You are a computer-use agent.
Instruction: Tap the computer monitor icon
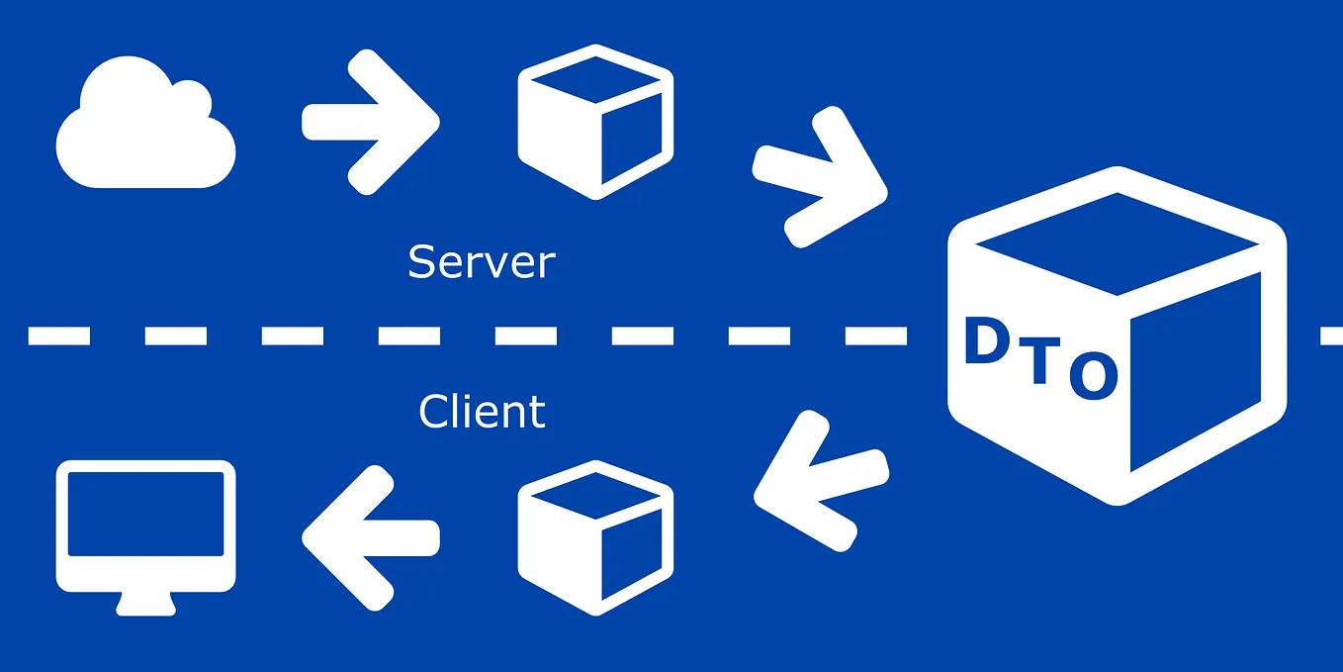(146, 529)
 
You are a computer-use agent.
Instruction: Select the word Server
(481, 262)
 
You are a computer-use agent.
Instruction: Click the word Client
(482, 411)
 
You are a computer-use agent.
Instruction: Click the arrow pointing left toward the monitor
(369, 534)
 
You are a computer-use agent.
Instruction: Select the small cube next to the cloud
(595, 122)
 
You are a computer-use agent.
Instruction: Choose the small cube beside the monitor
(595, 536)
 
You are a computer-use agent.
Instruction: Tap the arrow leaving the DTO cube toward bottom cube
(819, 480)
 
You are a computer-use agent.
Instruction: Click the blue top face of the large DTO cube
(1118, 242)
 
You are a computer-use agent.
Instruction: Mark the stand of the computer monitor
(146, 602)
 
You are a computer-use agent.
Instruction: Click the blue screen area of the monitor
(146, 515)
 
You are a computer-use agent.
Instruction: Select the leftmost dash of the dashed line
(59, 336)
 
